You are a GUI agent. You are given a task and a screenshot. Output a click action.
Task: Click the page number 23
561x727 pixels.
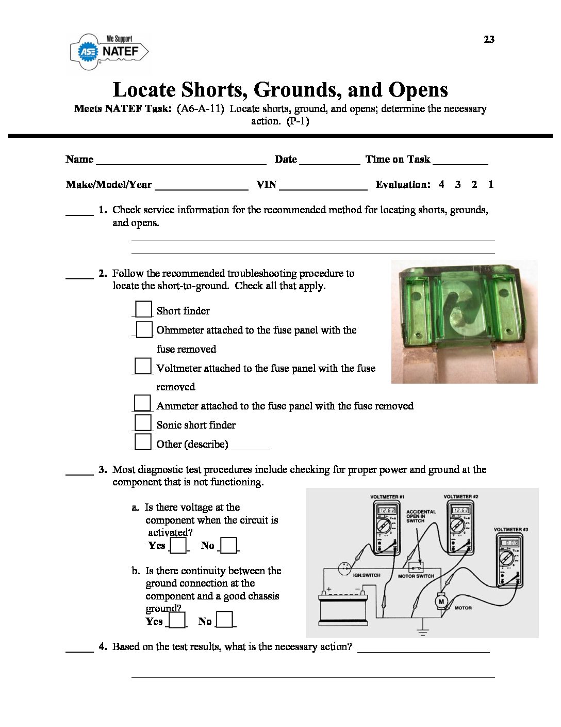[489, 39]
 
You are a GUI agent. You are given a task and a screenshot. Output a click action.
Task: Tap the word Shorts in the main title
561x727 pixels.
[212, 90]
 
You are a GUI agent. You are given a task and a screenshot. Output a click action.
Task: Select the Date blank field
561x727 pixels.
[329, 160]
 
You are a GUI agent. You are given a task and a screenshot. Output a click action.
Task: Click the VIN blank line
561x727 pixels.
[323, 185]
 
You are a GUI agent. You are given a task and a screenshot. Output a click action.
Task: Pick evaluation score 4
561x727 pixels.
[441, 184]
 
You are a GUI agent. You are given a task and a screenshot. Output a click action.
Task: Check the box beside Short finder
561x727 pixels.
[143, 309]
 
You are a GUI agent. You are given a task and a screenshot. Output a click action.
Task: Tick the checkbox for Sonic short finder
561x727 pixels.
[143, 423]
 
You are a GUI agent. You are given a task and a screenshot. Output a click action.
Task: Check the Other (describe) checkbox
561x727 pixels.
[143, 442]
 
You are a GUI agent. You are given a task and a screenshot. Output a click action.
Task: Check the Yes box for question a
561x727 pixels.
[178, 545]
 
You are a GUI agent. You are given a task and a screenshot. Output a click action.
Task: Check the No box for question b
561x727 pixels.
[224, 619]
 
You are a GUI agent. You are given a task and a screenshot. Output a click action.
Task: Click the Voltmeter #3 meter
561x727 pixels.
[509, 560]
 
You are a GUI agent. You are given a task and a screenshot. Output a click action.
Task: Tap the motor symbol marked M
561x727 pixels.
[441, 601]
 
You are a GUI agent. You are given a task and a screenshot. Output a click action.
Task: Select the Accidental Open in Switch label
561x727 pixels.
[421, 516]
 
